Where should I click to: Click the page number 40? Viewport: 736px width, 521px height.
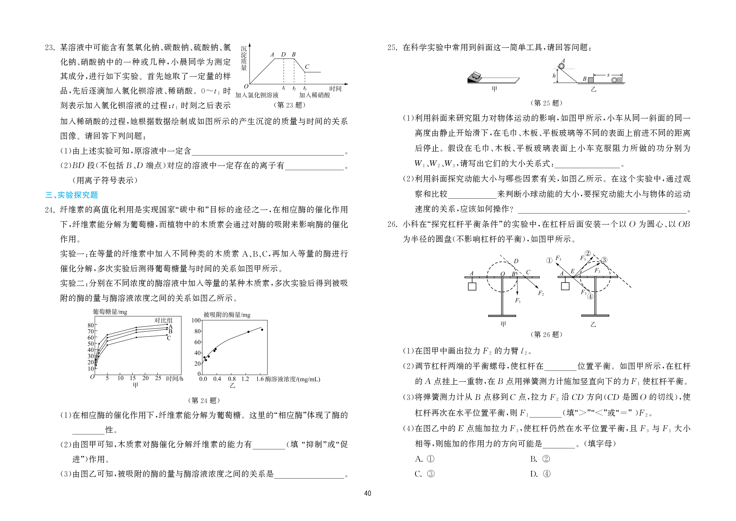point(367,493)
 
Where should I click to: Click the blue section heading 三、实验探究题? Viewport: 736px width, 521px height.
point(72,195)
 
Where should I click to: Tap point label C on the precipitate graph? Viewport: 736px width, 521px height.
point(307,67)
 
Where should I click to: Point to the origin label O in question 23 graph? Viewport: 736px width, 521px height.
point(246,87)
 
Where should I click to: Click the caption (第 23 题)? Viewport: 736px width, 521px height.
point(289,105)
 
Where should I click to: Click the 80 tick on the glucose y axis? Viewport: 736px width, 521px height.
point(90,325)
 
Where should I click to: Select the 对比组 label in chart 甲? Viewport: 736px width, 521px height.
point(163,320)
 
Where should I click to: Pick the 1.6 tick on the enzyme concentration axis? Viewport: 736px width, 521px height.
point(260,379)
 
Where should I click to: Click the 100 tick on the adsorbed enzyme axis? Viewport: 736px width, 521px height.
point(196,320)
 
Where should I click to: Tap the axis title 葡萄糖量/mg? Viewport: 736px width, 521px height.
point(110,312)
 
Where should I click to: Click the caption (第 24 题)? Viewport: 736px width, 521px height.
point(204,401)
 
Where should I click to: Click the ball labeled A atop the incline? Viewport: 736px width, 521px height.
point(561,66)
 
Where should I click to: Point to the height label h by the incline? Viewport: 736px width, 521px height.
point(554,76)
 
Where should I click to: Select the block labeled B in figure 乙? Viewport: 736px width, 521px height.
point(590,80)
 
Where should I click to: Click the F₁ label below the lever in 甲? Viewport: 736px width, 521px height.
point(518,300)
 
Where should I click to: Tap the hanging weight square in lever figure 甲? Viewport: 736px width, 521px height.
point(472,286)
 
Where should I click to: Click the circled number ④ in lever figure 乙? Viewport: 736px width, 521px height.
point(590,296)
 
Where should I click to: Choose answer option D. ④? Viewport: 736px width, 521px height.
point(540,474)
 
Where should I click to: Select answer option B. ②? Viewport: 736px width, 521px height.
point(540,459)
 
